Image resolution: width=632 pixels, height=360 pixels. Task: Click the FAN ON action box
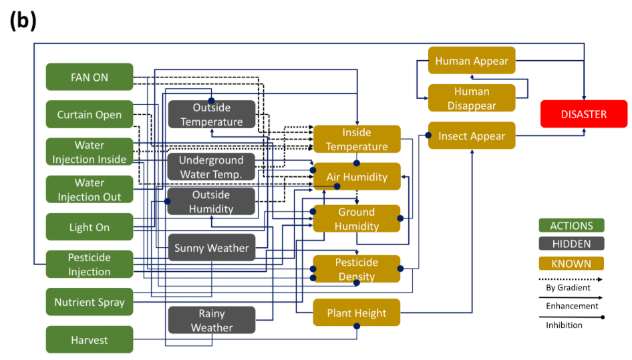(90, 77)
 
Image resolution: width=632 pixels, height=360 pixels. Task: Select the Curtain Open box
(90, 114)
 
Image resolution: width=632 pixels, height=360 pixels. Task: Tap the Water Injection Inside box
(90, 152)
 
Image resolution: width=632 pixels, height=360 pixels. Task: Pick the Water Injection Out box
(90, 190)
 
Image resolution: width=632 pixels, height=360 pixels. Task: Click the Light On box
(90, 227)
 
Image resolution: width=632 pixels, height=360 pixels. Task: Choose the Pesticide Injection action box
(90, 264)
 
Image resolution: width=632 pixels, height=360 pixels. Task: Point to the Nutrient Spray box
(90, 302)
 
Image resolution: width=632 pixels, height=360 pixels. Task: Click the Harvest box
(90, 340)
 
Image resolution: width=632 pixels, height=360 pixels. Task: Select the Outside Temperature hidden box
(212, 115)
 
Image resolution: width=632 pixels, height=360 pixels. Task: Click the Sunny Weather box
(212, 248)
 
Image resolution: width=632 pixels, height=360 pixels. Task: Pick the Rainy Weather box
(212, 321)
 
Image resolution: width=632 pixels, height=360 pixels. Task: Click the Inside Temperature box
(357, 140)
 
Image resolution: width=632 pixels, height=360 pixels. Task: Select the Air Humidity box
(357, 177)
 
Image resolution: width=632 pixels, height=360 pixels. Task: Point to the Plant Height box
(357, 313)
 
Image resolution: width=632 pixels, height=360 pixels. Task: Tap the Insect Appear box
(472, 136)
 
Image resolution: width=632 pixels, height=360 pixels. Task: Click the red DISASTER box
(584, 114)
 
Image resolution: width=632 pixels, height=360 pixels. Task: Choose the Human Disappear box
(472, 98)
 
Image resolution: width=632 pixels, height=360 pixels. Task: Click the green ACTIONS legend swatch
(571, 226)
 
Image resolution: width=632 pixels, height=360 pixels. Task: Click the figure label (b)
(23, 21)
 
